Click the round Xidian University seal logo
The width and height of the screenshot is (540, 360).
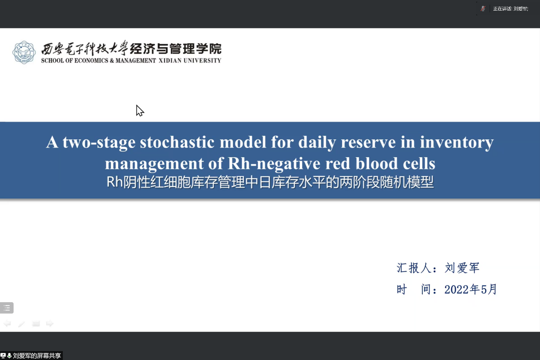coord(24,52)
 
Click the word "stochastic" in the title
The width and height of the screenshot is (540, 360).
coord(177,142)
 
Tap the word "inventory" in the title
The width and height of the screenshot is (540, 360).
coord(457,142)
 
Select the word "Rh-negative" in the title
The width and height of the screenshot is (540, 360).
coord(274,164)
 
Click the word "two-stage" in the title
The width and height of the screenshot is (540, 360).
coord(99,142)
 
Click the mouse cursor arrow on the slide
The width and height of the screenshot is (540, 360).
coord(140,111)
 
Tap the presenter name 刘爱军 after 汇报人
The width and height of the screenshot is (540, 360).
coord(462,268)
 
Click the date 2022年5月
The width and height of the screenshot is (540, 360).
coord(471,289)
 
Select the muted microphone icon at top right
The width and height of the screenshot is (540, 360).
coord(483,9)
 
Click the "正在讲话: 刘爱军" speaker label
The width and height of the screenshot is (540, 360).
coord(511,9)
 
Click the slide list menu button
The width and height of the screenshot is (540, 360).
coord(7,308)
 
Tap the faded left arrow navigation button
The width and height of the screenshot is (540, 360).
coord(7,323)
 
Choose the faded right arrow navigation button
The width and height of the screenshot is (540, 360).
coord(50,323)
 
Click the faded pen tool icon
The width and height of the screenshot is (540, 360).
coord(21,323)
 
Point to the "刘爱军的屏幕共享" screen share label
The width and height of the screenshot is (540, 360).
coord(37,356)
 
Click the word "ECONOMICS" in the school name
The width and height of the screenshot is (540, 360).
coord(91,60)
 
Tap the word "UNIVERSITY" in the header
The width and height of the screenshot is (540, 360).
coord(202,60)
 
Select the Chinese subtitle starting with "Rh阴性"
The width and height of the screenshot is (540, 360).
coord(270,182)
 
